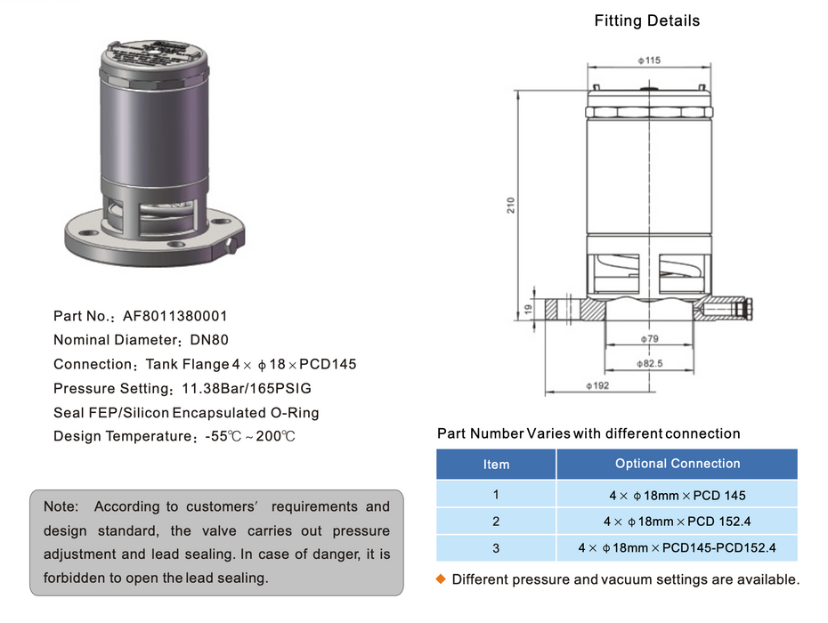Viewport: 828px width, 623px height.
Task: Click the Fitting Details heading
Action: pos(646,20)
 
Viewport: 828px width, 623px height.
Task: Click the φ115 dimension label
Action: pos(648,61)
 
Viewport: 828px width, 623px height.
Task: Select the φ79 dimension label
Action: pos(649,339)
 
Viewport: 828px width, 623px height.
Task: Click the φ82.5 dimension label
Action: pos(649,364)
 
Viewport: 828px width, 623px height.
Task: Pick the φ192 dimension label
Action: pos(597,386)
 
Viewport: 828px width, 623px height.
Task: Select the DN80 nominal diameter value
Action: pos(209,340)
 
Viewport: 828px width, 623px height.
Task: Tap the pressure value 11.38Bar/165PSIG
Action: pos(247,389)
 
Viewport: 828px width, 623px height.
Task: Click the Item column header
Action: pos(496,464)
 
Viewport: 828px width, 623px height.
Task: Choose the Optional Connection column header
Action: pos(677,464)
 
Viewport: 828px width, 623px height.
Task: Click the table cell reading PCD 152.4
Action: pos(677,522)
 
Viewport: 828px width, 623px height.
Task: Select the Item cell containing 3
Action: pos(496,547)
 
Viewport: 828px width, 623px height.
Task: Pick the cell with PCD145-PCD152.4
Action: pos(677,547)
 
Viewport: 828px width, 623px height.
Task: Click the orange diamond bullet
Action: pos(440,579)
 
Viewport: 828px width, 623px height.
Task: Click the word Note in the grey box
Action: pos(61,506)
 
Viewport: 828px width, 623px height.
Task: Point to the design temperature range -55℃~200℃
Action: pos(249,437)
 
